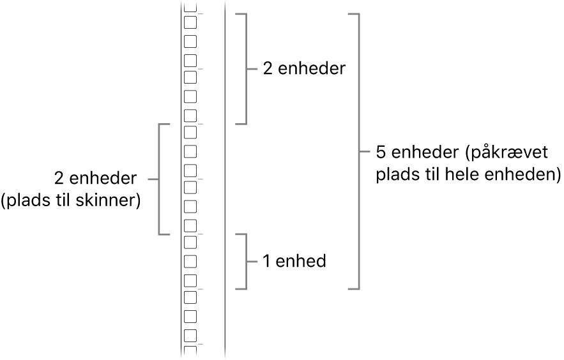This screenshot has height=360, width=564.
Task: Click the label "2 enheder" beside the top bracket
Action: [304, 69]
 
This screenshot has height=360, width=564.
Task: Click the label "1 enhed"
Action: [294, 261]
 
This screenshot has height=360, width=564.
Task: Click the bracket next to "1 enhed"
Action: [245, 261]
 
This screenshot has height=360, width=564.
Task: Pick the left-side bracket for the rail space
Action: [160, 179]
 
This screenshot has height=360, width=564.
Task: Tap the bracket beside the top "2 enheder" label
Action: [245, 68]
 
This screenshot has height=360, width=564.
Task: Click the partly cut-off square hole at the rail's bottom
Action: [190, 351]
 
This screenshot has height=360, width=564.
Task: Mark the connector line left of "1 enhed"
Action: [254, 261]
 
